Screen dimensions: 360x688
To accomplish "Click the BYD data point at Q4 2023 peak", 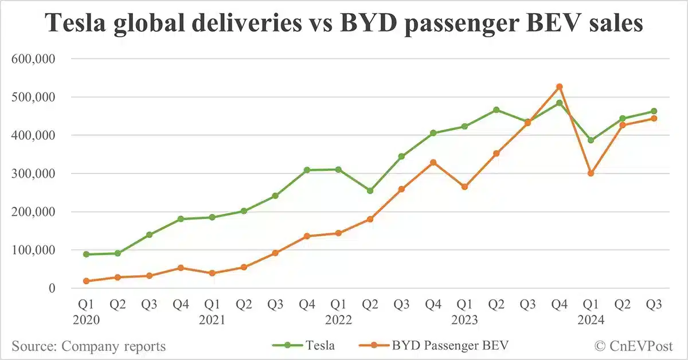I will coord(560,87).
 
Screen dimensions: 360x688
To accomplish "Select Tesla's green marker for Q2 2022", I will coord(370,190).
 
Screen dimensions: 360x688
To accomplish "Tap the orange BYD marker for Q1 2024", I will coord(591,173).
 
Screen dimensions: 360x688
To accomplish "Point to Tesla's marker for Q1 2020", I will coord(86,254).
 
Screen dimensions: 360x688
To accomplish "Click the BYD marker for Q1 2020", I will coord(86,281).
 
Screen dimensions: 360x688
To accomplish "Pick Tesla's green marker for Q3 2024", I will coord(654,111).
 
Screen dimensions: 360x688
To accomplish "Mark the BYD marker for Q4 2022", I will coord(433,162).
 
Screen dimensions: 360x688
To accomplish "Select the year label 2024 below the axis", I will coord(591,320).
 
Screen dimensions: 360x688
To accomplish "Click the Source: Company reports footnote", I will coord(88,346).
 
